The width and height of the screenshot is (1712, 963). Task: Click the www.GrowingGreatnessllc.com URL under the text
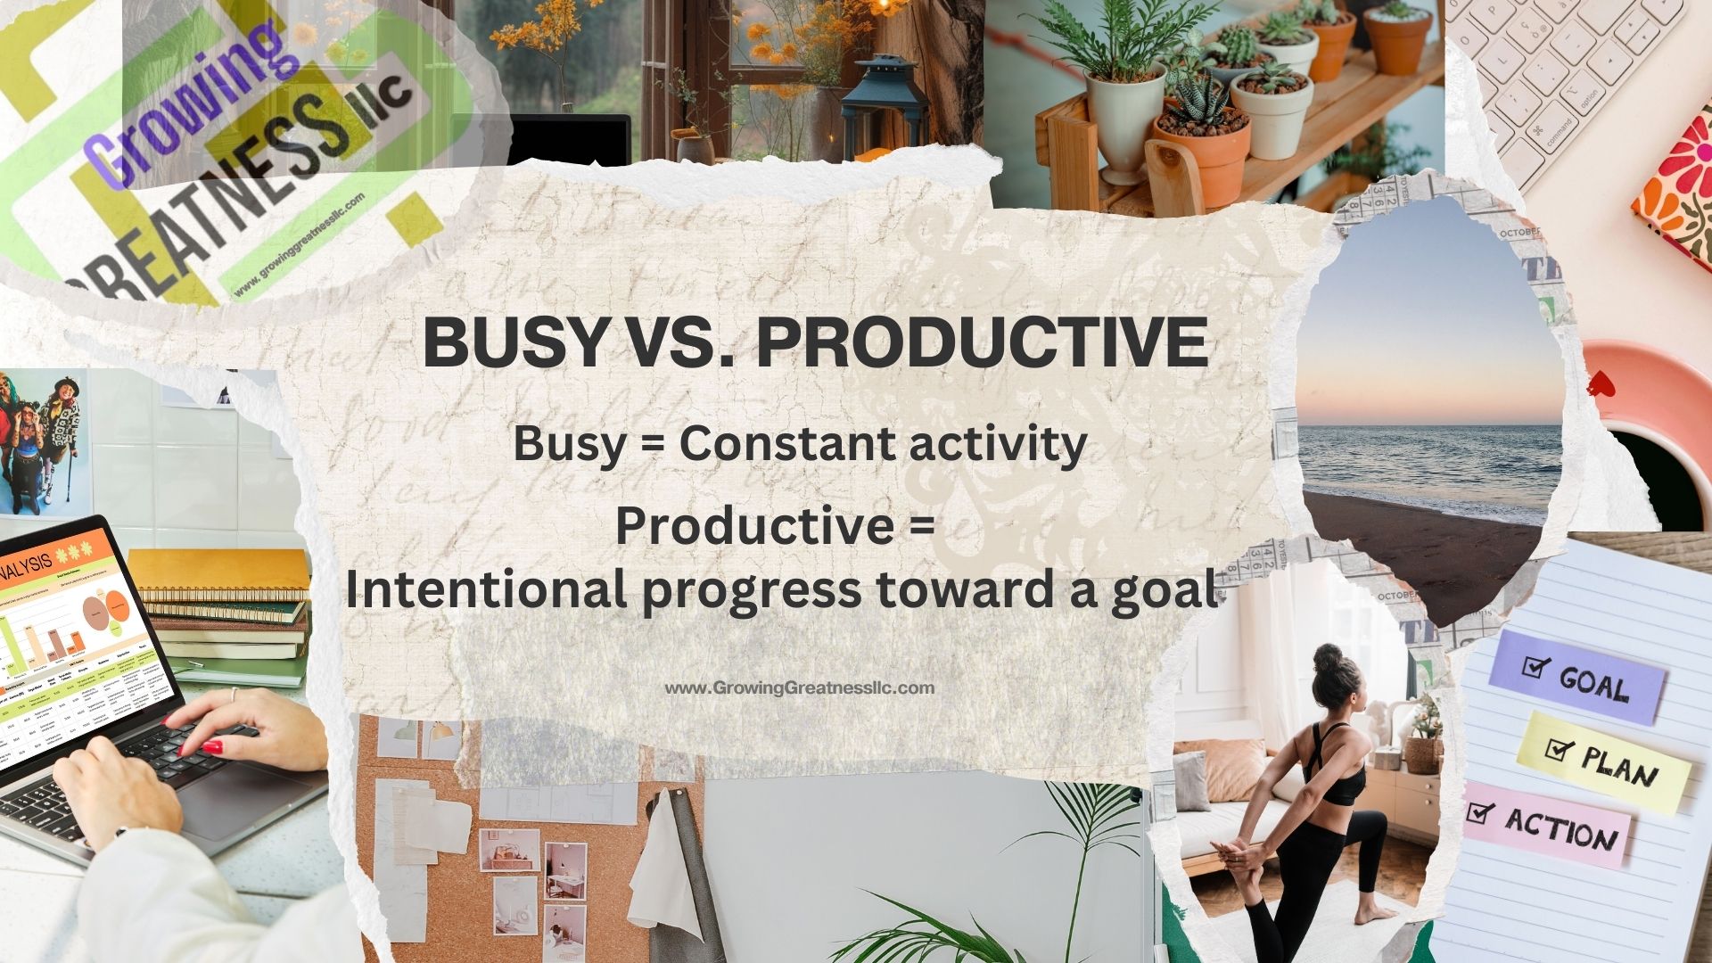(x=799, y=688)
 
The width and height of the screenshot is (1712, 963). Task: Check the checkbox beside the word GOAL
(x=1535, y=666)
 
